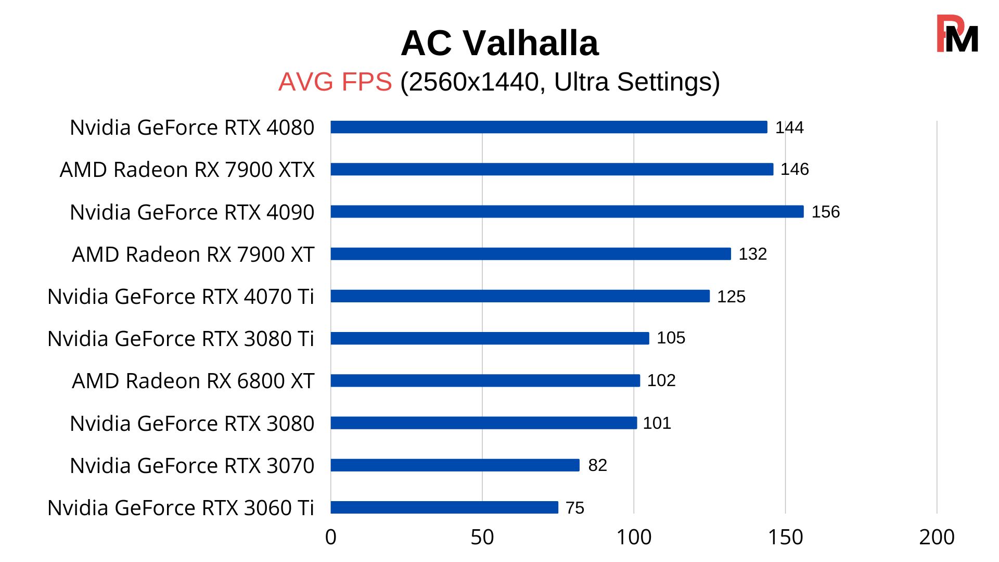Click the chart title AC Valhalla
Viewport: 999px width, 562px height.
[x=499, y=43]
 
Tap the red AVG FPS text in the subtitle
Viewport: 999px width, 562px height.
[x=335, y=82]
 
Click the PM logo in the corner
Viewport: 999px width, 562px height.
[x=957, y=34]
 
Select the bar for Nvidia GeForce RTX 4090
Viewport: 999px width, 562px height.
[x=567, y=211]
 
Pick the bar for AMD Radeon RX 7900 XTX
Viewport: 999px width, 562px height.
[x=552, y=169]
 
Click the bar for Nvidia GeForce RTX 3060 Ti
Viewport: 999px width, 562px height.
[x=444, y=507]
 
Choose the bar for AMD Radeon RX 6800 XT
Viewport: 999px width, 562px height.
[x=485, y=380]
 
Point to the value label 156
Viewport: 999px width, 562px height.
[x=826, y=212]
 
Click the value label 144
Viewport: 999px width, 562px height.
[x=789, y=127]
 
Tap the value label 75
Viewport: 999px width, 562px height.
[x=575, y=508]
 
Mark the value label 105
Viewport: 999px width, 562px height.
[x=671, y=338]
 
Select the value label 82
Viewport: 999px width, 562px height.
[x=597, y=465]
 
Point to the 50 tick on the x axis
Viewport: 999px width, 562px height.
[x=482, y=538]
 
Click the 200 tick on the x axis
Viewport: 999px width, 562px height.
[x=937, y=538]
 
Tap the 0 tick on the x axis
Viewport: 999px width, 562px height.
[x=331, y=538]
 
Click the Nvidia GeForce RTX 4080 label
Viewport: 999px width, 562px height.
[x=192, y=127]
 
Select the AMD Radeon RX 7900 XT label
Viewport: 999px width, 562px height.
[x=193, y=254]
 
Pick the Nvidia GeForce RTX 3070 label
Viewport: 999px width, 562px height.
[x=192, y=466]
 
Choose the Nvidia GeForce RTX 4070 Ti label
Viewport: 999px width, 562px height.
[x=181, y=297]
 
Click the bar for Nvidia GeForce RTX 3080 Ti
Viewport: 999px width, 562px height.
[x=490, y=338]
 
